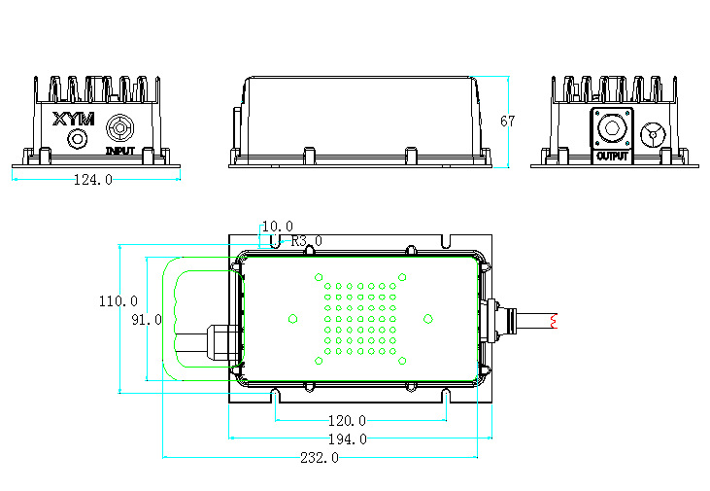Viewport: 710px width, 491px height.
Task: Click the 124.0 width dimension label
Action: coord(93,180)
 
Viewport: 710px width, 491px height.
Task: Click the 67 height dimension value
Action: coord(507,122)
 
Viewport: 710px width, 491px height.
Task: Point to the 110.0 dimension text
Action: coord(118,301)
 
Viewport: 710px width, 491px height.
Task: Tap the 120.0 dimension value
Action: coord(346,421)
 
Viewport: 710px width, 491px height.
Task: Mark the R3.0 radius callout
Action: coord(307,241)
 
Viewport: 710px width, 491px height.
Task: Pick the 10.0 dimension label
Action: coord(277,227)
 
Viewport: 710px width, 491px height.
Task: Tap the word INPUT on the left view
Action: coord(120,152)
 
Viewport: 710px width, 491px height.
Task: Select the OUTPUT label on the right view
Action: coord(613,157)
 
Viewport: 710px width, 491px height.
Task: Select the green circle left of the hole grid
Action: coord(293,318)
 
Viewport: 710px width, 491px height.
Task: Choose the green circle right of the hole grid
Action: coord(427,318)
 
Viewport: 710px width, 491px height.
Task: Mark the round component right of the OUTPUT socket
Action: coord(654,134)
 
